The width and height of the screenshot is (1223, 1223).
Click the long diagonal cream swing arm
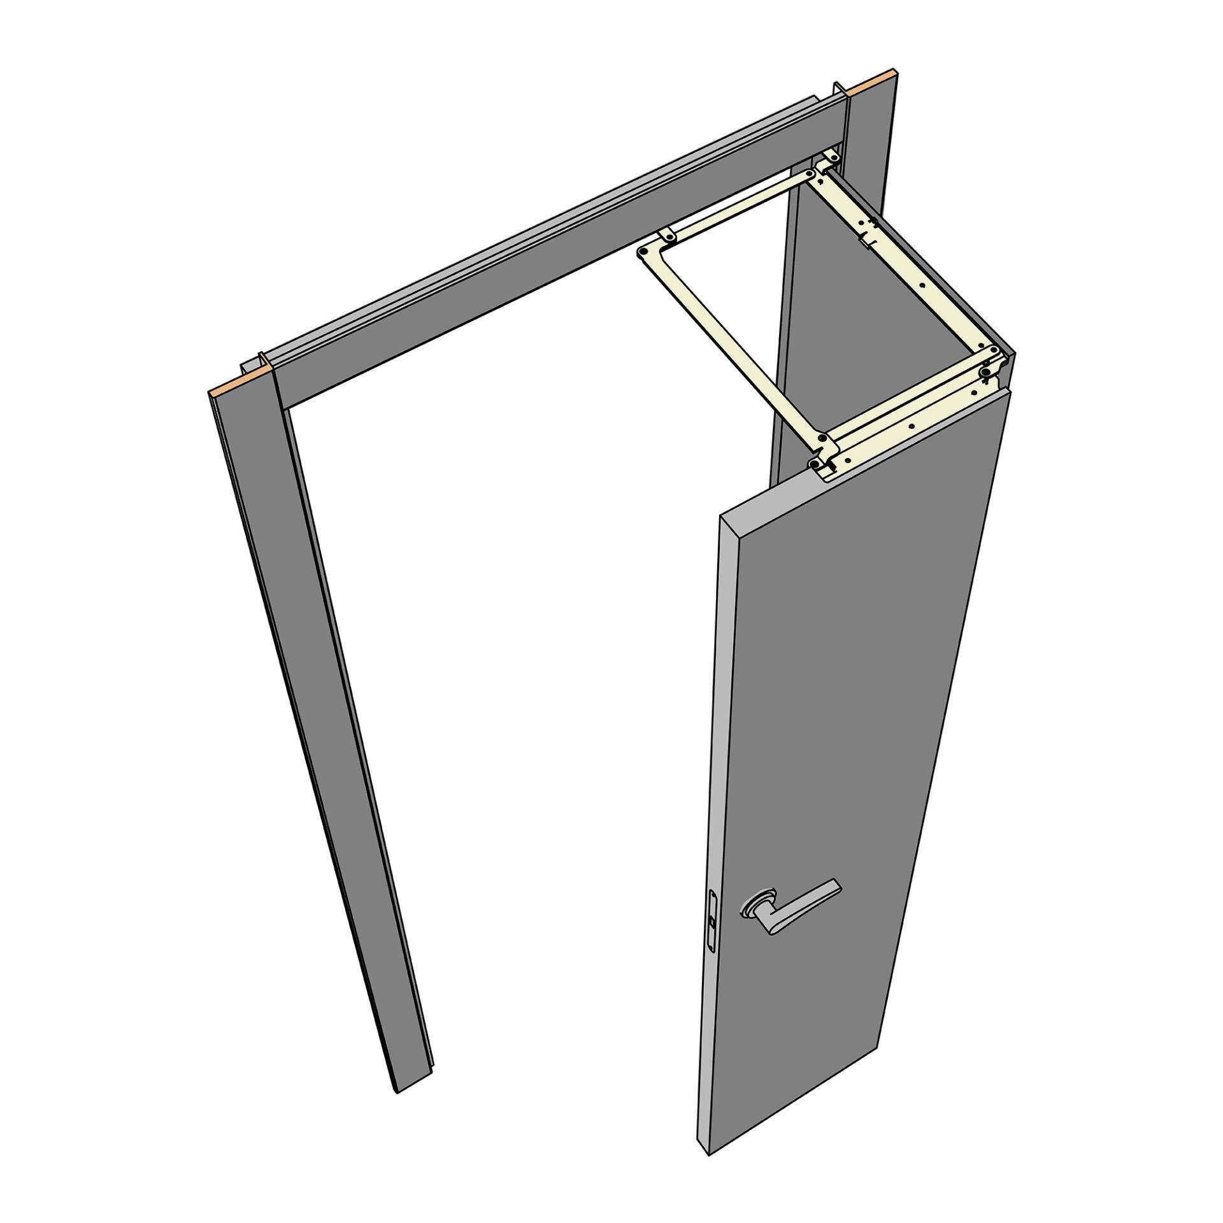pos(733,344)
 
